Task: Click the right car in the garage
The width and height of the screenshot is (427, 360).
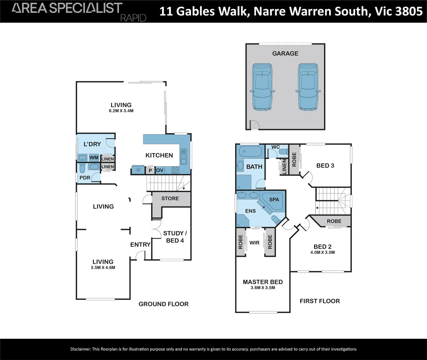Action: (x=309, y=87)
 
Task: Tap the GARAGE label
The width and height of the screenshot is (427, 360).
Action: (x=285, y=53)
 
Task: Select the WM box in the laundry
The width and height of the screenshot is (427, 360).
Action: (x=94, y=158)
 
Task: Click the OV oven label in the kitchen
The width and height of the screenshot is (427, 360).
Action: (x=160, y=170)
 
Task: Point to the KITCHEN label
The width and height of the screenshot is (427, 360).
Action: (x=159, y=155)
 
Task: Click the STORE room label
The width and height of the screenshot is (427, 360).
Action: (x=170, y=198)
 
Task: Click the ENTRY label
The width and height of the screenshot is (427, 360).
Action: (x=140, y=245)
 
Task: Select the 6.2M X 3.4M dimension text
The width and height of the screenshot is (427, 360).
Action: (x=121, y=111)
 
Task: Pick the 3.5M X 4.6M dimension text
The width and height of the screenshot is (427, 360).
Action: (x=103, y=267)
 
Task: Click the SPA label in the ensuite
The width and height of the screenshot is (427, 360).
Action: (x=274, y=199)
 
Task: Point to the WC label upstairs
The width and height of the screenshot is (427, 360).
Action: (x=276, y=147)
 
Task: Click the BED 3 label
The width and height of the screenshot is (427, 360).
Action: (x=325, y=166)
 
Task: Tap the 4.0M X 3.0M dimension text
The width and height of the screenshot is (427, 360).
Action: (x=323, y=252)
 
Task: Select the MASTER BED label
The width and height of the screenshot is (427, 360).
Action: (x=263, y=282)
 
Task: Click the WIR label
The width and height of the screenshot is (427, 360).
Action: (x=255, y=243)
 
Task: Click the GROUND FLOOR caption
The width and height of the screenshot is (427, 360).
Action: (x=163, y=304)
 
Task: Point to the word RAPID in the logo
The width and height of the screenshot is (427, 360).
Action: (x=133, y=18)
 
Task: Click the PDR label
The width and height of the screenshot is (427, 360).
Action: (x=85, y=178)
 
